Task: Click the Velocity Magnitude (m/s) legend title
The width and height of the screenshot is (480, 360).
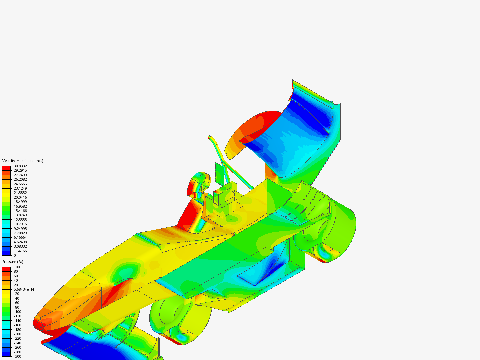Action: coord(23,161)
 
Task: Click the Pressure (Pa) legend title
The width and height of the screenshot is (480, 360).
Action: coord(13,262)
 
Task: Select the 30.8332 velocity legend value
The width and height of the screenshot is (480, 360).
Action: coord(20,166)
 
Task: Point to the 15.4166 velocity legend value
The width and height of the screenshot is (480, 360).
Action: coord(20,211)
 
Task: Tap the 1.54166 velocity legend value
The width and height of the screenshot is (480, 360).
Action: coord(20,251)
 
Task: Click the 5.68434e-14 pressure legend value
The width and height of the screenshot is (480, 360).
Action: coord(24,289)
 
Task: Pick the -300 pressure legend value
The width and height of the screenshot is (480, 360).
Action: coord(17,356)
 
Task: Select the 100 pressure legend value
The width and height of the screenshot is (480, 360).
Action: coord(17,267)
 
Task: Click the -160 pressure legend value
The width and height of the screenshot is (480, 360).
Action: coord(17,325)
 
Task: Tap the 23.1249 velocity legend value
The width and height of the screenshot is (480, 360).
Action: coord(20,188)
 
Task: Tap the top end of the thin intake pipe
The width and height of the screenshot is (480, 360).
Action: coord(209,137)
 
